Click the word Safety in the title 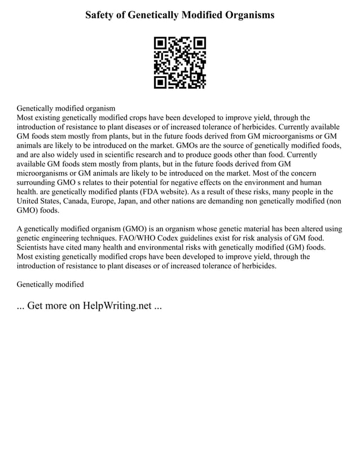[x=100, y=15]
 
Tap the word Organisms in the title [x=249, y=15]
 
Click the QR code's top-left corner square [x=160, y=43]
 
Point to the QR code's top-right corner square [x=200, y=43]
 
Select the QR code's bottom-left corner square [x=160, y=82]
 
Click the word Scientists [x=34, y=247]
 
